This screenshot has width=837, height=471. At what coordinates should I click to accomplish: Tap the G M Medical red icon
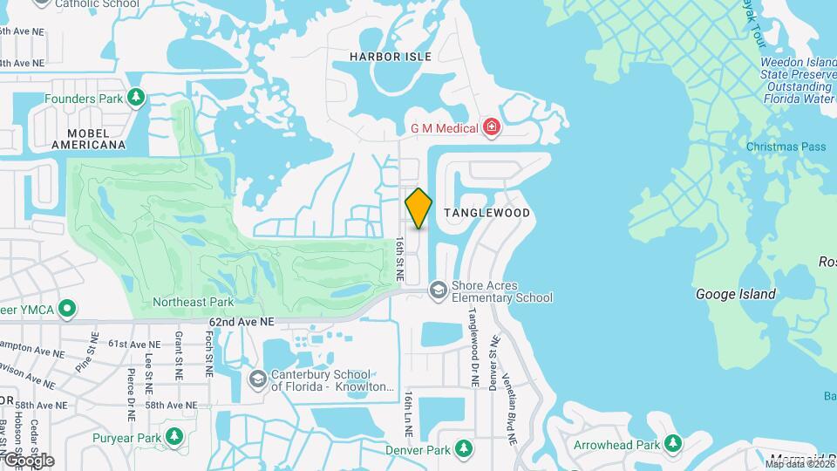[493, 128]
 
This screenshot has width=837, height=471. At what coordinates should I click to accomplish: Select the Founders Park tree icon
[135, 99]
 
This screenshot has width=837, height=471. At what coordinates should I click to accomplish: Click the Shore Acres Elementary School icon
[438, 290]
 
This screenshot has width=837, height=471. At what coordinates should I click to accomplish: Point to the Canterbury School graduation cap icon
[257, 379]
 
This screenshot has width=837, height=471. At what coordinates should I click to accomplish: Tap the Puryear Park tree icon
[174, 436]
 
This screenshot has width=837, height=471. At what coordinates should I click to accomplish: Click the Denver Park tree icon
[465, 449]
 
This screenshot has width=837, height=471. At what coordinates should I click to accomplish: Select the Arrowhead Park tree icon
[672, 444]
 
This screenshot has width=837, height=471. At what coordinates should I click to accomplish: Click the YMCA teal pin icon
[66, 308]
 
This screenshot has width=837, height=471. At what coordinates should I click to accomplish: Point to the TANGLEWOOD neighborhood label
[487, 213]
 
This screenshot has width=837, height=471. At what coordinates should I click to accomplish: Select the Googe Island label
[735, 295]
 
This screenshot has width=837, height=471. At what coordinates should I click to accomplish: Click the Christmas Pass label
[786, 147]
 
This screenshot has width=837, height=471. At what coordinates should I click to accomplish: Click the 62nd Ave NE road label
[242, 322]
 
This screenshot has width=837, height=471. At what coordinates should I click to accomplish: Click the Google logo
[28, 460]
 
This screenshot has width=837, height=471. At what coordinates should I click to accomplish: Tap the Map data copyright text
[798, 464]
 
